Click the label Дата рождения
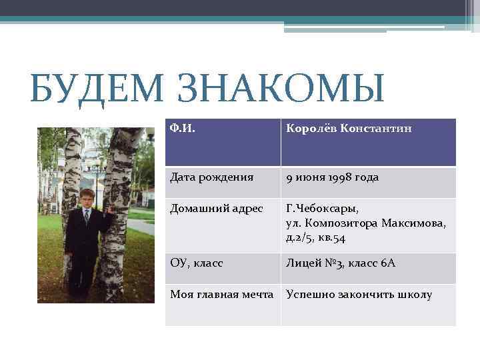click(x=212, y=177)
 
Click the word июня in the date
click(x=311, y=177)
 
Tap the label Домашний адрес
click(x=216, y=209)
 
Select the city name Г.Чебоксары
click(x=322, y=209)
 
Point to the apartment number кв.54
click(x=331, y=237)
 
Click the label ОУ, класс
click(x=197, y=263)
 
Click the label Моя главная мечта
click(x=221, y=295)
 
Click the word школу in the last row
click(x=415, y=295)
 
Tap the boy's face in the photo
click(x=86, y=199)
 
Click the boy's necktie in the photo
click(x=87, y=217)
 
